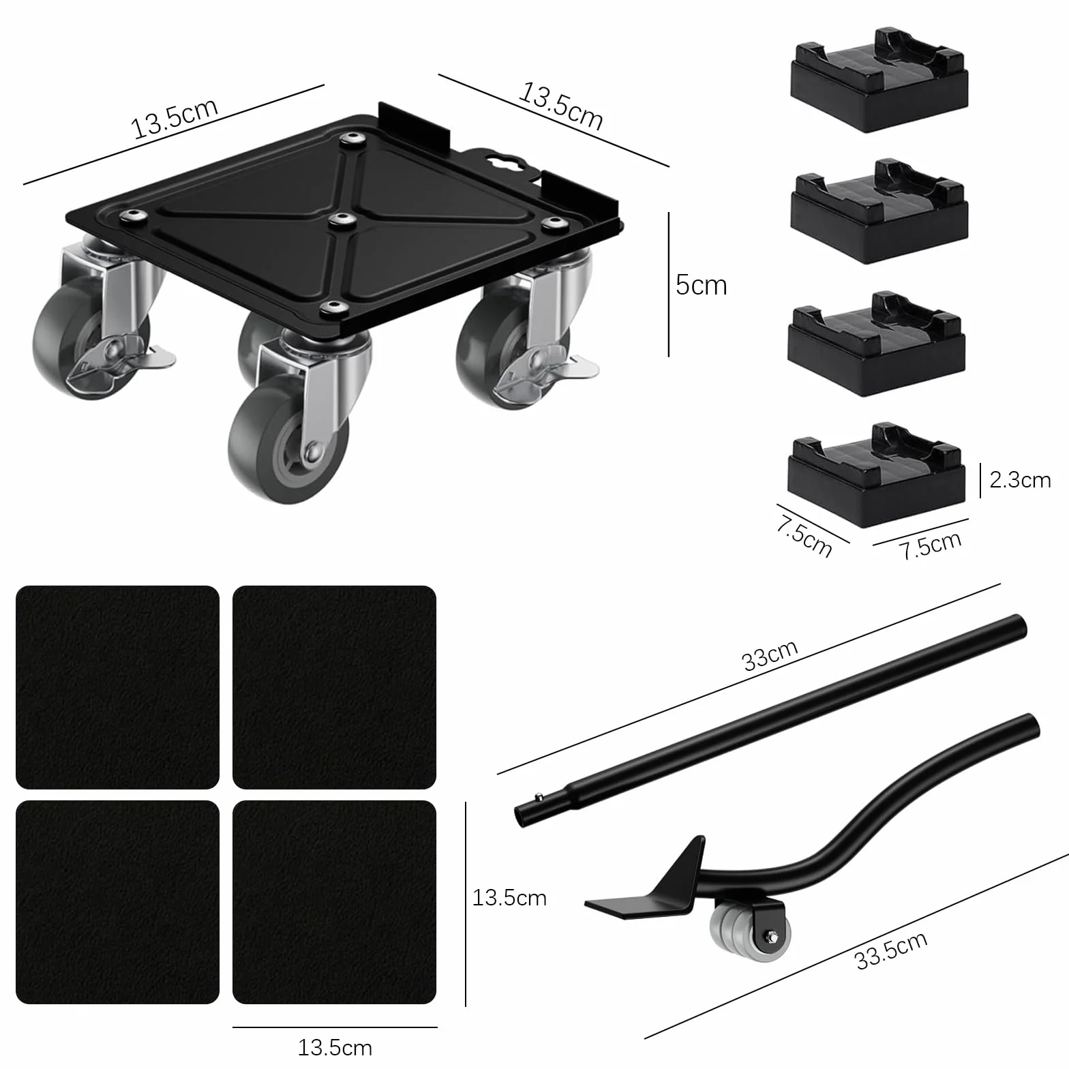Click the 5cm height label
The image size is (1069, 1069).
[x=701, y=284]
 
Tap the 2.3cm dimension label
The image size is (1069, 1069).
[x=1020, y=480]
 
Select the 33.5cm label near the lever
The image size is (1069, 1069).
[x=891, y=950]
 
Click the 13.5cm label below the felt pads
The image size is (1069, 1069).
[x=335, y=1047]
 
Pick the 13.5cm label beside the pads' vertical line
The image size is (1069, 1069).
[x=509, y=897]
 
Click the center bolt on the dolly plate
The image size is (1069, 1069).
[x=336, y=220]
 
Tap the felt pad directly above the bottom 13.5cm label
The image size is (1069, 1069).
[x=334, y=901]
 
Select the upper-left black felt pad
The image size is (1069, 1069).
[x=117, y=687]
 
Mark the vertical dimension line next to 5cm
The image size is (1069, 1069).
[x=669, y=284]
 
